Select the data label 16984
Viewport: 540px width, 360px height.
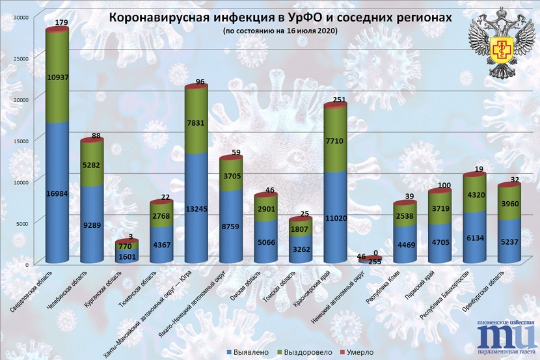tap(57, 193)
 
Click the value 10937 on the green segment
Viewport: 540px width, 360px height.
tap(57, 77)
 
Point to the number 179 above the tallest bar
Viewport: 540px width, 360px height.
tap(62, 23)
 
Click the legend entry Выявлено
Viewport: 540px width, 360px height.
tap(248, 352)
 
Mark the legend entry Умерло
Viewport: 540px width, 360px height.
tap(357, 352)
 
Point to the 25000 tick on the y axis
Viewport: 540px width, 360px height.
tap(21, 58)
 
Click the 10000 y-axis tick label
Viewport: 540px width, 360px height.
tap(21, 182)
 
